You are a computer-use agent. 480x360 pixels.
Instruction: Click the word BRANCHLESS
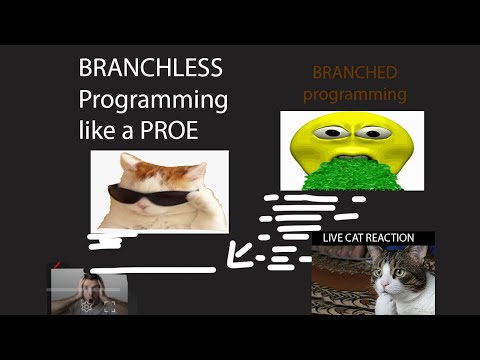pos(151,70)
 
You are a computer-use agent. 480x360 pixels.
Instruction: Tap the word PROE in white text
pos(195,130)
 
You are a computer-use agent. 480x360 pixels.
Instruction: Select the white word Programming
pos(153,100)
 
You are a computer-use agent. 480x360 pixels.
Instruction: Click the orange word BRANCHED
pos(355,74)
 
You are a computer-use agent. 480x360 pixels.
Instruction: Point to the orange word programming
pos(355,95)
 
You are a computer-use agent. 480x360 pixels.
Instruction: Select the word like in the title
pos(98,130)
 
